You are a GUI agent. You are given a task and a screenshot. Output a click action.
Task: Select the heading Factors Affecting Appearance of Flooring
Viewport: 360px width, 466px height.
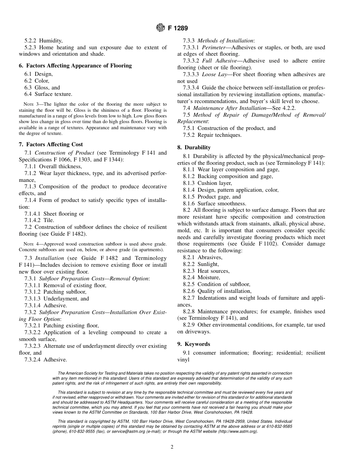click(75, 66)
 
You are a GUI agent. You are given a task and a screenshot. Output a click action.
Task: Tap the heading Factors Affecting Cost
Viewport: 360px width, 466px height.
click(50, 144)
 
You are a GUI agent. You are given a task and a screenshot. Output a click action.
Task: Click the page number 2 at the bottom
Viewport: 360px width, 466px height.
click(172, 447)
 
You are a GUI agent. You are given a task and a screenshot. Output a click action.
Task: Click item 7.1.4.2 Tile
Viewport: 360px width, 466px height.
click(39, 220)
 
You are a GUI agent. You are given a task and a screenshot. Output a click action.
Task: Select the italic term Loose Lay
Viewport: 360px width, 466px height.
click(214, 75)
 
